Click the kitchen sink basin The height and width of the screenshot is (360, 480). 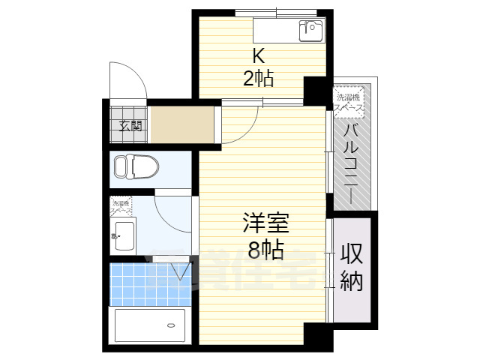tap(310, 31)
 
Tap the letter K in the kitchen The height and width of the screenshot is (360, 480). tap(258, 55)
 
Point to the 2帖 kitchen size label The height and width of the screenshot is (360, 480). tap(258, 76)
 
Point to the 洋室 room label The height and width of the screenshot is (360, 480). tap(264, 224)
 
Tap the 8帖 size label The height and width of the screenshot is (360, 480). tap(264, 250)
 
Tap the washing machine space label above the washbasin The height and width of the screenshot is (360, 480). tap(121, 207)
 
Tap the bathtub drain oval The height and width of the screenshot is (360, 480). tap(172, 325)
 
